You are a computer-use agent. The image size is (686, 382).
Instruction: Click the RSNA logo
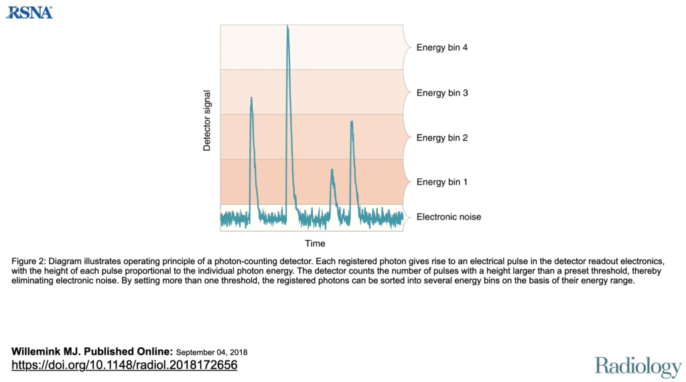coord(29,11)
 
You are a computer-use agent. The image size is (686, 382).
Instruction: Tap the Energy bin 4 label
coord(441,47)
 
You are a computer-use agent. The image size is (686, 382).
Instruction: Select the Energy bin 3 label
coord(441,93)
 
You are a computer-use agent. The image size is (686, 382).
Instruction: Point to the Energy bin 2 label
coord(441,138)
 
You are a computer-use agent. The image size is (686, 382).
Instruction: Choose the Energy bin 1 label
coord(441,182)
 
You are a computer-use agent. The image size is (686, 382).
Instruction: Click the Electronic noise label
coord(449,217)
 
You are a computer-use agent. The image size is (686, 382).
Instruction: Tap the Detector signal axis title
coord(207,120)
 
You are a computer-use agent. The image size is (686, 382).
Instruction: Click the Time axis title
coord(315,243)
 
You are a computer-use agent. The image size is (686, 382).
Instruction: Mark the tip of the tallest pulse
coord(287,26)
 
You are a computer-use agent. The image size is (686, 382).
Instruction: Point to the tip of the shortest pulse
coord(332,170)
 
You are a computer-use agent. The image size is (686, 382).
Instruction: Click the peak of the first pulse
coord(251,98)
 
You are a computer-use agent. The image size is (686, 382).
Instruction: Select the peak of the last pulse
coord(352,121)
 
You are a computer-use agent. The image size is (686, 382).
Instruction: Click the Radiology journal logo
coord(638,366)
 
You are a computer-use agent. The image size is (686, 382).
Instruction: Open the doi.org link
coord(125,365)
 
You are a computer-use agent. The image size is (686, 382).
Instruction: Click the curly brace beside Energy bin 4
coord(407,47)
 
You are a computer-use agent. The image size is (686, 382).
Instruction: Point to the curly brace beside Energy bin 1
coord(407,182)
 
